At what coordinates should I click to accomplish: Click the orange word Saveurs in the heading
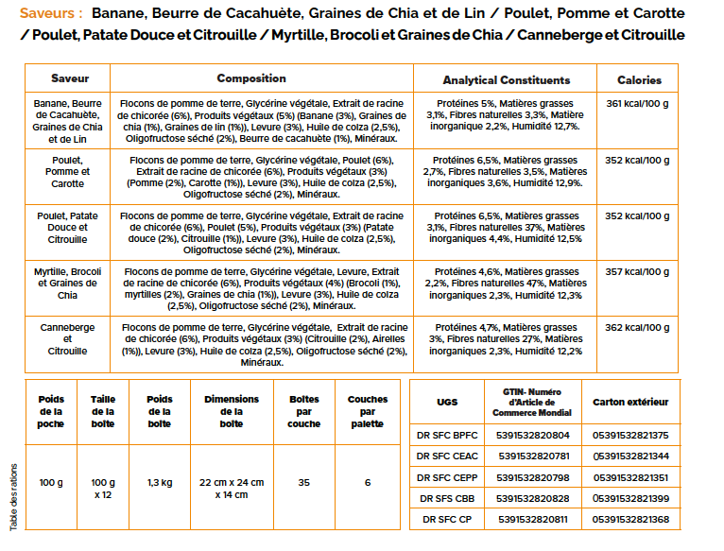point(47,13)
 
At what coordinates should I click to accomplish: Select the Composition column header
point(251,78)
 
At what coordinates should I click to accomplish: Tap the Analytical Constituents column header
point(507,80)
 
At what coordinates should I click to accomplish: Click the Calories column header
point(640,80)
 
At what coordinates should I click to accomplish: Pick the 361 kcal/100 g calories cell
point(637,103)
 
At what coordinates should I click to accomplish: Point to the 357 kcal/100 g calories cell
point(637,271)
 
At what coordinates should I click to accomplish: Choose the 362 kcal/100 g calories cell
point(637,327)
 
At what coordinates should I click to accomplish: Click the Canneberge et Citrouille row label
point(67,339)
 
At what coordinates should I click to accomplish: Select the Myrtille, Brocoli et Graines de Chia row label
point(67,284)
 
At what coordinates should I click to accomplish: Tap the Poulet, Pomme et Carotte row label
point(67,172)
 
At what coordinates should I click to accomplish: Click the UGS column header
point(447,403)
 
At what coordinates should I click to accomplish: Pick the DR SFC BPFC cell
point(447,435)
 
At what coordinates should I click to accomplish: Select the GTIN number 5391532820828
point(533,498)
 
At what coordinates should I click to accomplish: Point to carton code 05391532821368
point(630,519)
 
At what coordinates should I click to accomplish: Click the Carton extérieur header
point(630,402)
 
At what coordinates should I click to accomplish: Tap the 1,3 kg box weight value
point(160,483)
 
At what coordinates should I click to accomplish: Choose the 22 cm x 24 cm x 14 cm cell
point(232,489)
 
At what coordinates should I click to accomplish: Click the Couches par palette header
point(368,411)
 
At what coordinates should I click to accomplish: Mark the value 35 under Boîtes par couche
point(303,483)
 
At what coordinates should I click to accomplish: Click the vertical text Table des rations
point(13,497)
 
